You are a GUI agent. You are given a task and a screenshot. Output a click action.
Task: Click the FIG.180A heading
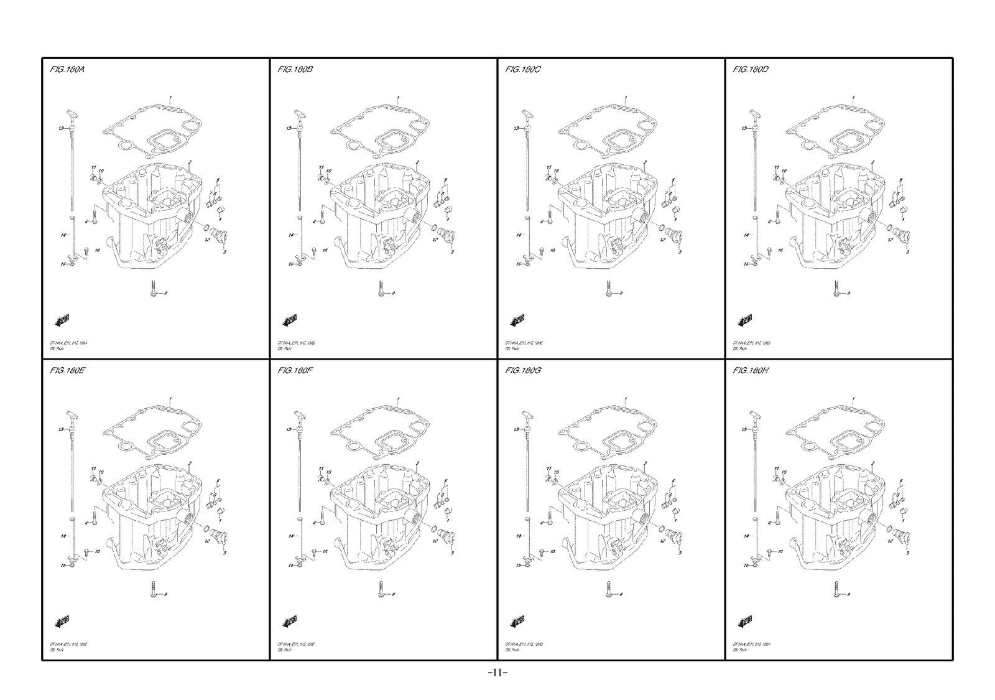(67, 70)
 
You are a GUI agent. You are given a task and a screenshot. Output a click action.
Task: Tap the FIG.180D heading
(751, 70)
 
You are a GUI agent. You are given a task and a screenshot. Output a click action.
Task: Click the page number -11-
(497, 673)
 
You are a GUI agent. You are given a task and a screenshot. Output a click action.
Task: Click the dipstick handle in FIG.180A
(72, 115)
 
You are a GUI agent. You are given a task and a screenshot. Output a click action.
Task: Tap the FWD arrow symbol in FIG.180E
(62, 621)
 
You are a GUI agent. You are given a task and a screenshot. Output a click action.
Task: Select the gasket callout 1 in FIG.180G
(626, 399)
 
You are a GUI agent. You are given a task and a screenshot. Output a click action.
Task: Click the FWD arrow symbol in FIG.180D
(746, 320)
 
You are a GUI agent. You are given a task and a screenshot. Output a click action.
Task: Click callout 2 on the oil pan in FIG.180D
(874, 161)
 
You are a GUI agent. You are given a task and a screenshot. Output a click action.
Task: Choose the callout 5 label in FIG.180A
(218, 179)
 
